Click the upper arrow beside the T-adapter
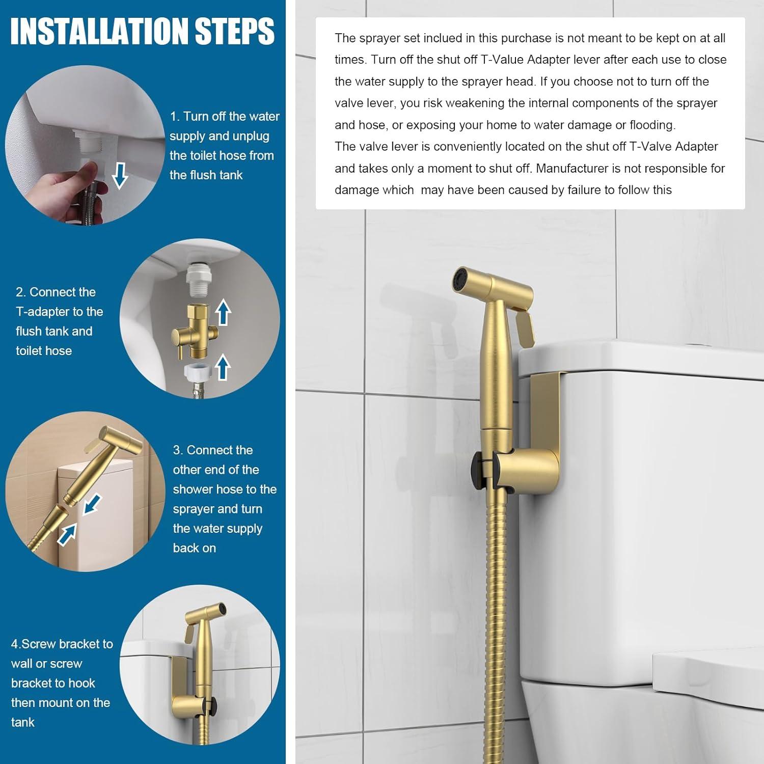(x=223, y=313)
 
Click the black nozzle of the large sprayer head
(x=461, y=280)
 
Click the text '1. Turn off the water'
(x=225, y=117)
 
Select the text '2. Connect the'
(x=56, y=292)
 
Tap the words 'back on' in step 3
(x=195, y=548)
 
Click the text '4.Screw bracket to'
(x=62, y=644)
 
